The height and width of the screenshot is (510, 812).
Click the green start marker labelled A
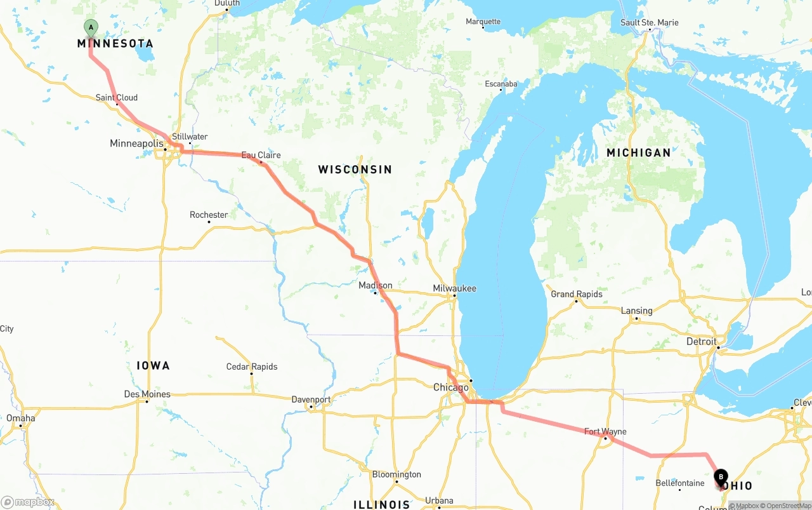[91, 28]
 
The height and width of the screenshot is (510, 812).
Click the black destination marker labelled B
[721, 478]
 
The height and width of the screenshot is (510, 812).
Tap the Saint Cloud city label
[117, 98]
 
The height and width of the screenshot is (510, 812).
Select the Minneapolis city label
[136, 144]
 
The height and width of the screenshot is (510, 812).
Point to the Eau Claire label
[261, 155]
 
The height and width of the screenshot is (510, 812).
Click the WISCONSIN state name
[355, 170]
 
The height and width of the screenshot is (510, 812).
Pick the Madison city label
[375, 286]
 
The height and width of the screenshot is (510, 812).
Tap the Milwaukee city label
[454, 288]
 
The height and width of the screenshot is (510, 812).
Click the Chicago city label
[450, 387]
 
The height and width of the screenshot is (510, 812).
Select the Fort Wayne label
[605, 432]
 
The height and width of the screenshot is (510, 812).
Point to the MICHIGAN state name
[638, 152]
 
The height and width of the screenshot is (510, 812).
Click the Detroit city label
[701, 342]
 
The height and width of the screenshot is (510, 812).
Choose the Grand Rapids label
[576, 294]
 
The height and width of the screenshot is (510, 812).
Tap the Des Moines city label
[147, 394]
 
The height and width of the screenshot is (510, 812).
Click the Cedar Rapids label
[252, 367]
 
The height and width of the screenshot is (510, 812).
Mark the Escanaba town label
[501, 84]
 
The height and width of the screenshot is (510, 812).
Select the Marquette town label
[483, 22]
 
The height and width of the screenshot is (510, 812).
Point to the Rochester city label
[209, 215]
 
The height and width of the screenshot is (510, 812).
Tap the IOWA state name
[153, 366]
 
